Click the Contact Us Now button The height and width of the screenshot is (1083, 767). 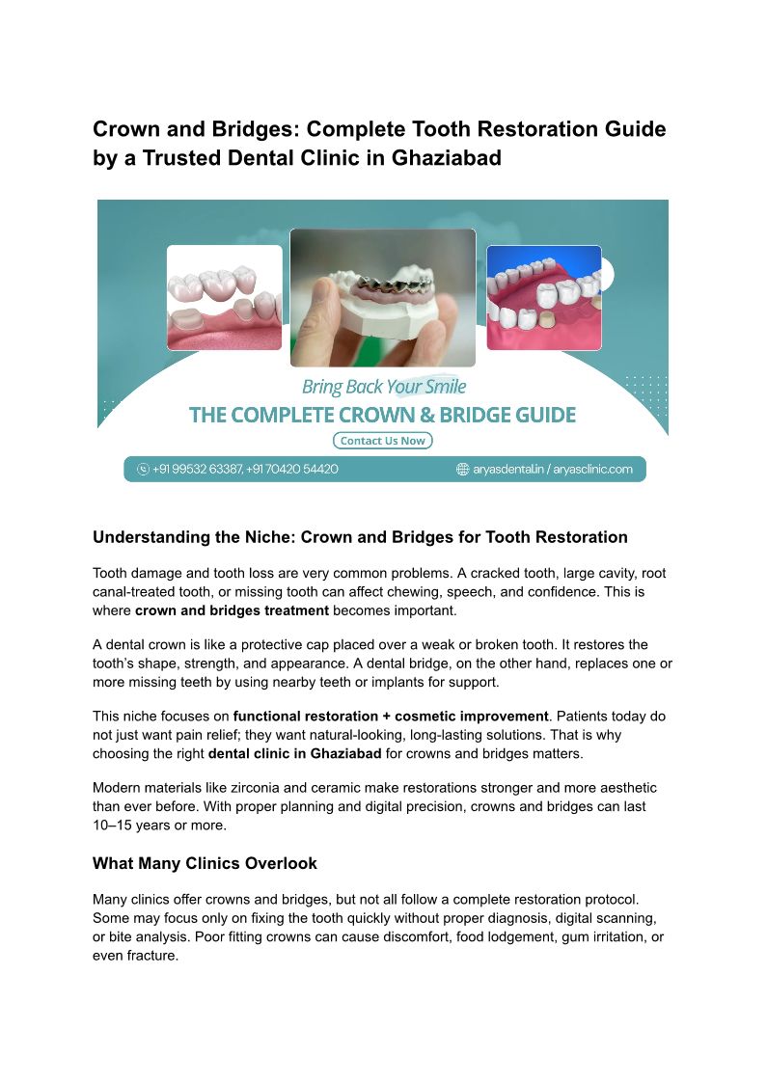(383, 441)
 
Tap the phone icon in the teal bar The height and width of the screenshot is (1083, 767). (144, 470)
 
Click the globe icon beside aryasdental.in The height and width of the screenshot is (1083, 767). (462, 470)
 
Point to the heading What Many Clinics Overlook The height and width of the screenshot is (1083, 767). (205, 863)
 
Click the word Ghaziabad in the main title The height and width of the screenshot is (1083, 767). (448, 158)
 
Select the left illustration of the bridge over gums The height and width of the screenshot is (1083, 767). (225, 297)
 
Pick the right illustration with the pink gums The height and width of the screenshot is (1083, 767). (543, 297)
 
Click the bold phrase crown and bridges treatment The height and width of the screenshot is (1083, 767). (233, 610)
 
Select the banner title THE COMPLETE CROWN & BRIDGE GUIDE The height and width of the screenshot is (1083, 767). (383, 416)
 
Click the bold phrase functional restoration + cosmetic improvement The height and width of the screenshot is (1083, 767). (391, 717)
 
